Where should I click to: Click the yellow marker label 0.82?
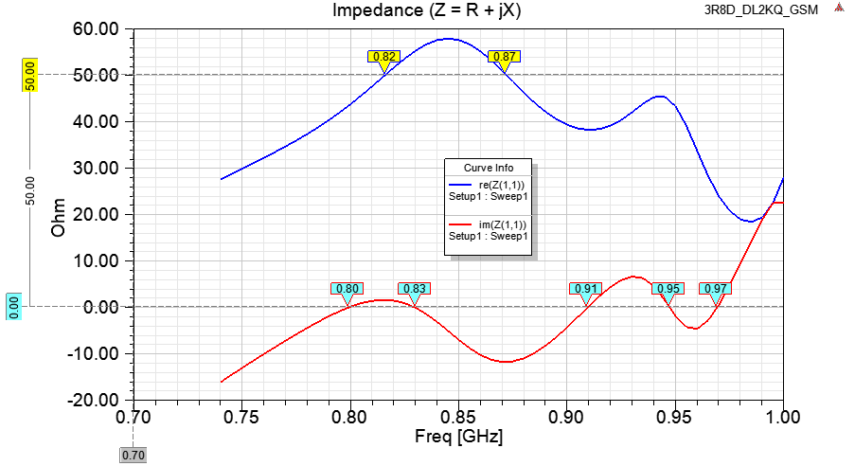[384, 57]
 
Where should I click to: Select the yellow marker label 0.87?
[505, 57]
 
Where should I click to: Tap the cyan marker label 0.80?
[347, 289]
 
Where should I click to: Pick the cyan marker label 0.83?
[414, 289]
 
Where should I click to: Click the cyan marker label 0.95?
[668, 289]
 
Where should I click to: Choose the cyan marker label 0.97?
[716, 289]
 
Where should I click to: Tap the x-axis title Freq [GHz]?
[459, 439]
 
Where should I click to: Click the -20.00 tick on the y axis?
[93, 401]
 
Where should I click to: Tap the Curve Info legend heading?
[490, 168]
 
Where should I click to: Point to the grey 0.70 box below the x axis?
[134, 456]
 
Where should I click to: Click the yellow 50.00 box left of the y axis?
[29, 75]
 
